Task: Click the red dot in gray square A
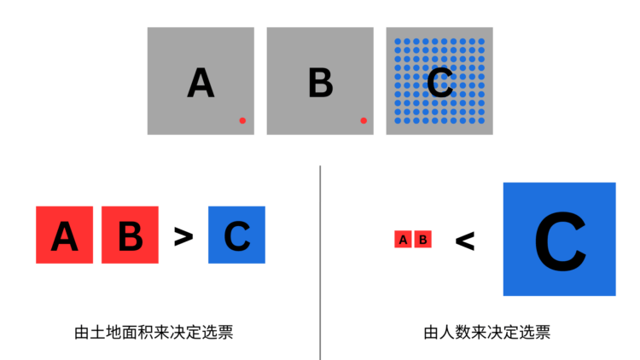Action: (x=242, y=120)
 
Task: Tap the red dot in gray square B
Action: (x=364, y=120)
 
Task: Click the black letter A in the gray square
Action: (x=201, y=83)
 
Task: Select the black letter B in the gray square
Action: (x=320, y=83)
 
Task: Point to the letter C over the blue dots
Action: (x=439, y=83)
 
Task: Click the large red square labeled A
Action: (x=65, y=235)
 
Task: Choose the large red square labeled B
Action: (x=131, y=235)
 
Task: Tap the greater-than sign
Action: (x=183, y=237)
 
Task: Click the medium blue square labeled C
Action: (x=236, y=235)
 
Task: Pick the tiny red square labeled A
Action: (x=403, y=239)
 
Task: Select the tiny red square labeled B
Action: (x=423, y=239)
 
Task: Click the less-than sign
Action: (x=465, y=241)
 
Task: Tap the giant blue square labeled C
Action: (x=560, y=239)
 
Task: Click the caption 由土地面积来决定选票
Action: (x=154, y=332)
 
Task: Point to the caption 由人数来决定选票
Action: (x=487, y=332)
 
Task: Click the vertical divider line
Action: (x=320, y=263)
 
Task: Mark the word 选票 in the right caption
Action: (x=535, y=332)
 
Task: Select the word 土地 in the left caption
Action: (x=98, y=332)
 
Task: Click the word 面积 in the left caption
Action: (x=122, y=332)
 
